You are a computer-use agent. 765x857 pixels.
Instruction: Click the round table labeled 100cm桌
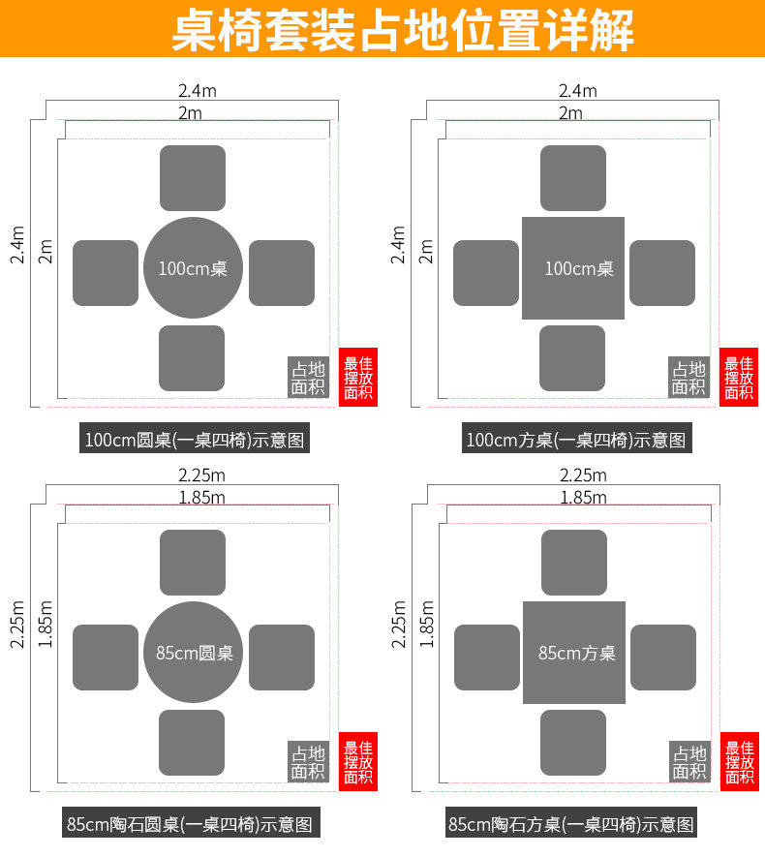(193, 268)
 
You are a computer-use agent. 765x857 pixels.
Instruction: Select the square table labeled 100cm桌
(573, 268)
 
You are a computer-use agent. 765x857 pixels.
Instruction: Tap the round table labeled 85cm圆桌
(194, 652)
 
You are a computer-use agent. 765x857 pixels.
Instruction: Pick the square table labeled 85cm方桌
(574, 652)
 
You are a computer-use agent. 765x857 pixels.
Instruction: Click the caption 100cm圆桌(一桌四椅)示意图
(195, 441)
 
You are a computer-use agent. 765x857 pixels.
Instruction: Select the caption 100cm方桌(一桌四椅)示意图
(575, 441)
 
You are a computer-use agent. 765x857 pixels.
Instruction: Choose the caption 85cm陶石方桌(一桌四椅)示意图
(571, 825)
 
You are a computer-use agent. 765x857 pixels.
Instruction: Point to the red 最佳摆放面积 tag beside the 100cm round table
(358, 377)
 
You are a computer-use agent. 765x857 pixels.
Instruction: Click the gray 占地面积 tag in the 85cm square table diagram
(689, 762)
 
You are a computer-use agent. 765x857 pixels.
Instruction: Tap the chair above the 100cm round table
(193, 178)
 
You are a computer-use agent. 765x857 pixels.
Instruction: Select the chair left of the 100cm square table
(486, 273)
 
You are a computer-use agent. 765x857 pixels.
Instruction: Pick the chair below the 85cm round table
(192, 743)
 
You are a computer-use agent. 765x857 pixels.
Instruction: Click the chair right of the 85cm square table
(663, 658)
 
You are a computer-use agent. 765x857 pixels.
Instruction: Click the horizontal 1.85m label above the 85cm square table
(583, 498)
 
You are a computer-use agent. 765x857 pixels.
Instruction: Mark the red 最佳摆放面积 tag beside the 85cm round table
(358, 762)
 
